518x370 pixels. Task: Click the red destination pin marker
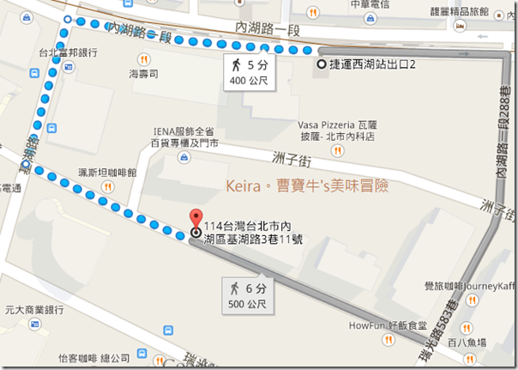[x=196, y=219]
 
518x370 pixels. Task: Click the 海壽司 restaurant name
[x=143, y=75]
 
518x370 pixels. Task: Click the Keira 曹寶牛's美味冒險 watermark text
[x=307, y=185]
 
